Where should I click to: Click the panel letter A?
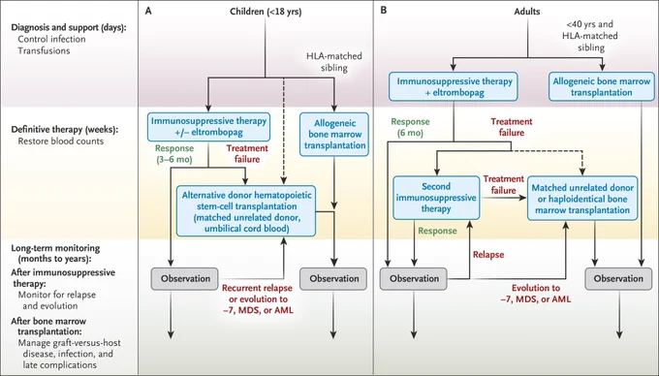point(148,11)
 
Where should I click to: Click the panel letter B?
point(384,10)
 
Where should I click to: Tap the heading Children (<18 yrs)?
point(266,12)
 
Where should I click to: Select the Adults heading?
point(527,12)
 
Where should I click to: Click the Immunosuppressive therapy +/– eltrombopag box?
point(208,126)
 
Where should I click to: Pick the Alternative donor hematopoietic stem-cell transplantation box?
point(246,211)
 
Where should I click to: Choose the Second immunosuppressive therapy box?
point(436,198)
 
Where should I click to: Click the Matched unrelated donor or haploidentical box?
point(582,199)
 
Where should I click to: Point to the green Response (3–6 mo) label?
point(174,154)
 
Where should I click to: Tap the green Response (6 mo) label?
point(410,127)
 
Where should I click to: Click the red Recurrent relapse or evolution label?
point(257,299)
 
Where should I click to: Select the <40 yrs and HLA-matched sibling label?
point(590,36)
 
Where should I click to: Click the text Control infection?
point(51,39)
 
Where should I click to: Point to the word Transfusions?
point(44,50)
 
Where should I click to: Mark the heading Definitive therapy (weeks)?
point(65,130)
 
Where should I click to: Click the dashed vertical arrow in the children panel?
point(284,131)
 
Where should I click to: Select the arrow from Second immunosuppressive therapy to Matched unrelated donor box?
point(503,197)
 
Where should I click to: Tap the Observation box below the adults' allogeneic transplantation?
point(618,278)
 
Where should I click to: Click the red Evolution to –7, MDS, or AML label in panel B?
point(536,294)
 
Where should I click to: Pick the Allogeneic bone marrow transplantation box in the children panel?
point(334,135)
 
